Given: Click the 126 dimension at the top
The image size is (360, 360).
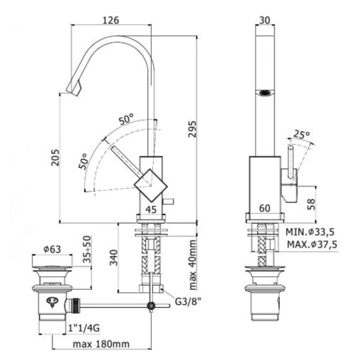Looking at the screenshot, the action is [x=111, y=20].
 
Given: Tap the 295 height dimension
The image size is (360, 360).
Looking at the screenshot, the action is [x=193, y=129].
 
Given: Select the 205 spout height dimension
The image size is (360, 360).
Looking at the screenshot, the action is [x=55, y=157].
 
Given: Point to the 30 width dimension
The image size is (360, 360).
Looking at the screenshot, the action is [x=265, y=20].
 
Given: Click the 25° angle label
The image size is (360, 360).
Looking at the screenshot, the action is [x=302, y=134].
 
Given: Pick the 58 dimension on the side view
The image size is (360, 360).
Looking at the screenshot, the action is [x=311, y=204].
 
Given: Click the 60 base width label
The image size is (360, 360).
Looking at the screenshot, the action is [x=265, y=208].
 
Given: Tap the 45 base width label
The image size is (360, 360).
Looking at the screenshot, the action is [x=151, y=209].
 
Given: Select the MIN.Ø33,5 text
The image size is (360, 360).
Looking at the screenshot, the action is [x=310, y=232].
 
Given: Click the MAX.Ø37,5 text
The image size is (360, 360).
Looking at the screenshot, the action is [x=312, y=244].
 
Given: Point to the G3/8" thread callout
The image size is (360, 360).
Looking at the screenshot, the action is [x=188, y=301].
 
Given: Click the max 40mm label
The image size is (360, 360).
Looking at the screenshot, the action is [x=193, y=265].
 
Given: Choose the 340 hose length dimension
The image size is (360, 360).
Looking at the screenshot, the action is [x=113, y=257].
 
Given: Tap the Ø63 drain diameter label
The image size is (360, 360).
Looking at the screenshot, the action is [x=52, y=249].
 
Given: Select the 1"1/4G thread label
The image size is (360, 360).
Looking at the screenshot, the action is [x=84, y=328].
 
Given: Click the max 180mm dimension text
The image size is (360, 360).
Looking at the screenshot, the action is [x=101, y=344].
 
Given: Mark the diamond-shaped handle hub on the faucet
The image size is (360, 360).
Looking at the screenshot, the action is [x=151, y=185].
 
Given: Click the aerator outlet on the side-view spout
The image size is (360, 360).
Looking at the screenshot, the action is [x=265, y=93].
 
